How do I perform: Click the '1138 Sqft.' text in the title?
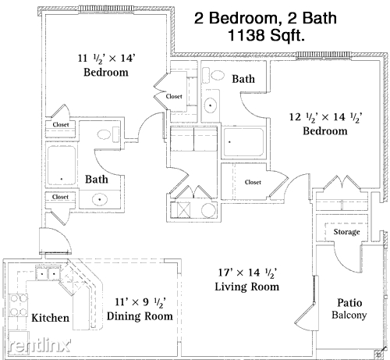(x=267, y=35)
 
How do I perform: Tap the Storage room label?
(x=346, y=231)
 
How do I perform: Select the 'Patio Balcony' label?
(x=349, y=308)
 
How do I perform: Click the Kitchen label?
(x=50, y=318)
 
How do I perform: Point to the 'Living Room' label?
(x=247, y=287)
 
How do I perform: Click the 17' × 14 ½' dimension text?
(x=247, y=273)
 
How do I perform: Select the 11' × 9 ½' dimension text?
(x=140, y=302)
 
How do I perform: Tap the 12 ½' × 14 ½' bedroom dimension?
(x=326, y=117)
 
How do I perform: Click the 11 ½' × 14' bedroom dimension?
(x=106, y=59)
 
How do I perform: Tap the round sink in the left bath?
(x=100, y=200)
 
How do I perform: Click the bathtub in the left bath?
(x=62, y=165)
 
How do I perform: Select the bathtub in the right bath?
(x=243, y=142)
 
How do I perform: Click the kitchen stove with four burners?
(x=18, y=305)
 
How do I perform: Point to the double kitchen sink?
(x=48, y=273)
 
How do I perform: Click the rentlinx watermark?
(x=40, y=345)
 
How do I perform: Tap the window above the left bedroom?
(x=107, y=9)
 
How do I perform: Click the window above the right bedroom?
(x=324, y=55)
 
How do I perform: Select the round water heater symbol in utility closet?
(x=208, y=210)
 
